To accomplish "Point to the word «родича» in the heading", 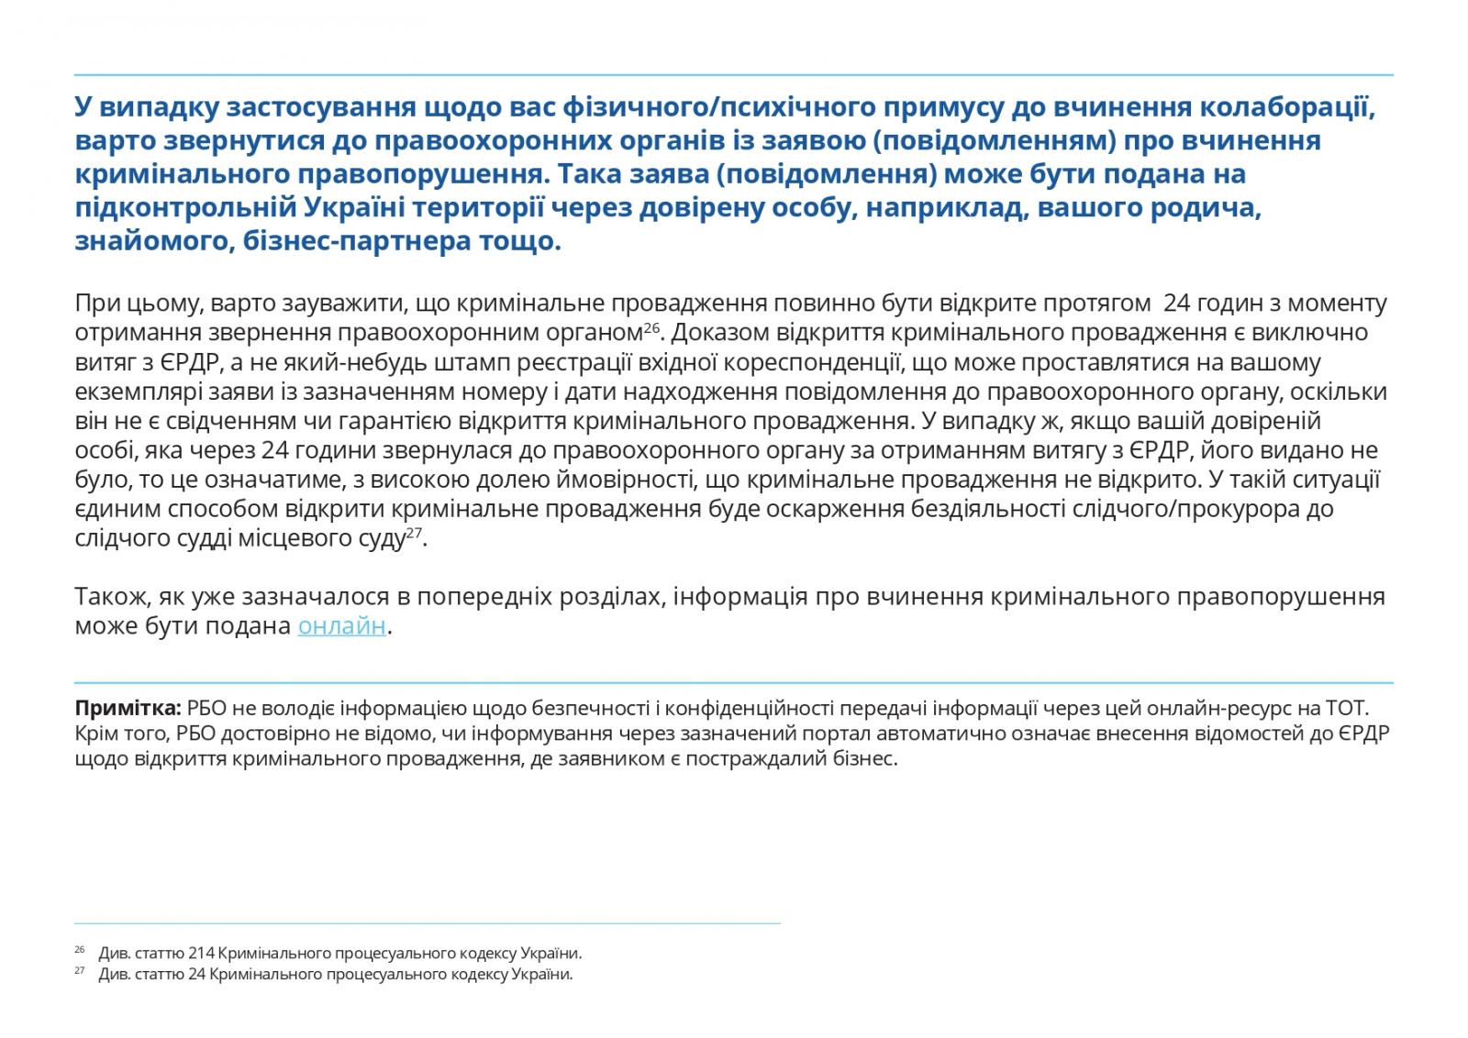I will (1206, 208).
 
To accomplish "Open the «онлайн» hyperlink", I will (341, 627).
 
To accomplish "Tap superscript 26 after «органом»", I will (651, 327).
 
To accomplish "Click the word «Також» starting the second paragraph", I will (107, 598).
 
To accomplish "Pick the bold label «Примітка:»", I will (128, 709).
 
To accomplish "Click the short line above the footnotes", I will (427, 922).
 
